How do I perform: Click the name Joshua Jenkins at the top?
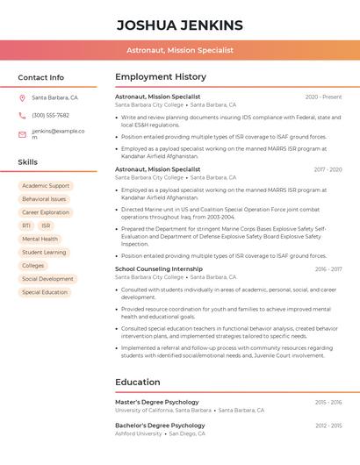(x=180, y=24)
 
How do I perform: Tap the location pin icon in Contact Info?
(x=22, y=97)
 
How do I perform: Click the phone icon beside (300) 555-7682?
(x=22, y=115)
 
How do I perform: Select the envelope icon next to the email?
(x=22, y=134)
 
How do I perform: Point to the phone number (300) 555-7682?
(x=50, y=115)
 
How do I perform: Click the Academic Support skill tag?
(x=46, y=186)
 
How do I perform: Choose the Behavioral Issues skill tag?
(x=44, y=199)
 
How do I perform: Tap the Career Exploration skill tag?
(x=46, y=212)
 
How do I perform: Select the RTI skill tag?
(x=26, y=225)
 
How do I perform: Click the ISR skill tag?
(x=46, y=225)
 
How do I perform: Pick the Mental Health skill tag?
(x=40, y=239)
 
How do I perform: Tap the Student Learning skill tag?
(x=44, y=252)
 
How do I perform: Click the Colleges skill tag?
(x=33, y=265)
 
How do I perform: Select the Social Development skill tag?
(x=47, y=279)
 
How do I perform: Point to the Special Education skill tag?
(x=45, y=292)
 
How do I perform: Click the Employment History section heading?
(x=161, y=77)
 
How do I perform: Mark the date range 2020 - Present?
(x=323, y=97)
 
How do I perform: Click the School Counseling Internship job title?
(x=159, y=268)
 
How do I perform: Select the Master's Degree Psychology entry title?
(x=157, y=402)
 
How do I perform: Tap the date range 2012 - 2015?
(x=328, y=426)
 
